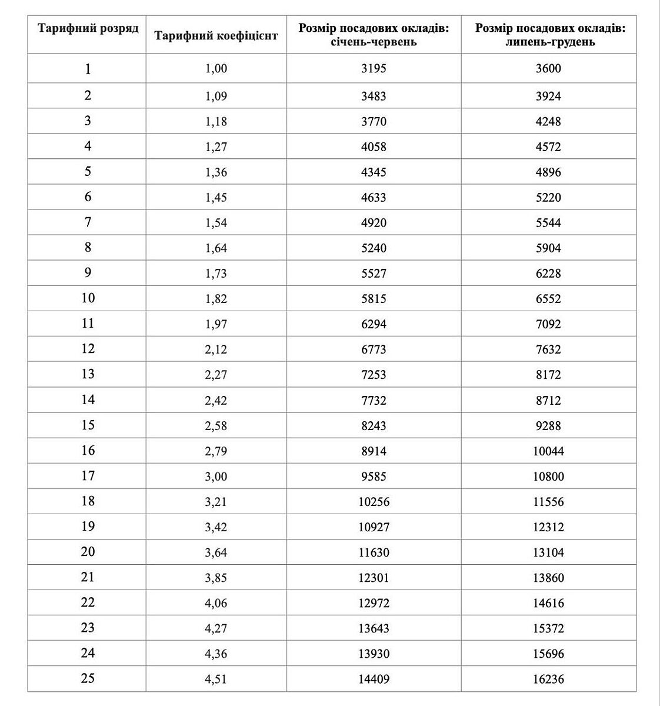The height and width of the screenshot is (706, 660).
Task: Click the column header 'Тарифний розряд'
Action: tap(88, 28)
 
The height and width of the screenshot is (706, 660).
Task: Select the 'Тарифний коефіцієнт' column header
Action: tap(216, 35)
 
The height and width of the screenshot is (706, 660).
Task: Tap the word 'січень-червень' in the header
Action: tap(374, 42)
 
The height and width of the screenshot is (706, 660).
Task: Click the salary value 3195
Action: tap(374, 68)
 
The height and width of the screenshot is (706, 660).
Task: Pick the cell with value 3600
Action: tap(548, 68)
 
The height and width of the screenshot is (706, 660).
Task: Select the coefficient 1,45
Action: tap(216, 197)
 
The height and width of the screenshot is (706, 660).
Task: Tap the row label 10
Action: tap(88, 298)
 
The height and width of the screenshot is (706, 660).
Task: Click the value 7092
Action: tap(548, 324)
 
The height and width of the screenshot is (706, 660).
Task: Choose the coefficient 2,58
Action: tap(216, 425)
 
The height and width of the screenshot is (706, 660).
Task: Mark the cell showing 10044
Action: tap(548, 451)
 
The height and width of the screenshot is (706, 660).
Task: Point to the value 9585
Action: tap(374, 476)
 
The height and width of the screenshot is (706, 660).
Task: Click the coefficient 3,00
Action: tap(216, 476)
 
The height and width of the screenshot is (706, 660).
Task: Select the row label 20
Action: tap(88, 551)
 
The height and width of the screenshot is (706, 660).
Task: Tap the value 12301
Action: tap(374, 578)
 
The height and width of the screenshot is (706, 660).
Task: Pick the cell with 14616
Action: tap(548, 603)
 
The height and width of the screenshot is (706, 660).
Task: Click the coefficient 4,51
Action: tap(216, 679)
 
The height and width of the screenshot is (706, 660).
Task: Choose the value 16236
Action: tap(548, 679)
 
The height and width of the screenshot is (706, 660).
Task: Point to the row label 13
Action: tap(88, 374)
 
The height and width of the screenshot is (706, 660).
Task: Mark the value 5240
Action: tap(374, 248)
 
